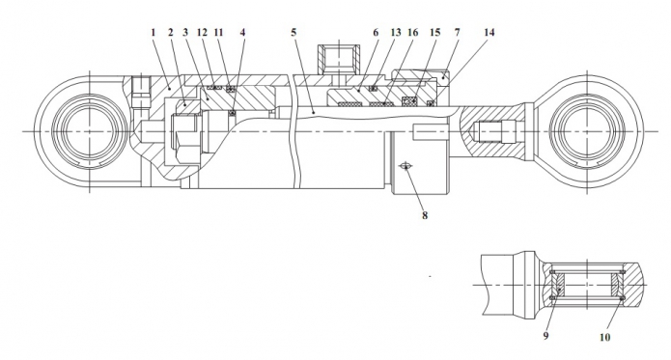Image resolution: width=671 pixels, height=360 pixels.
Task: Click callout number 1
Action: pyautogui.click(x=154, y=33)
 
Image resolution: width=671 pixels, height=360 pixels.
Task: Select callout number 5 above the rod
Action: pyautogui.click(x=294, y=33)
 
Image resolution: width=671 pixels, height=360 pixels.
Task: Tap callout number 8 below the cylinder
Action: pyautogui.click(x=425, y=215)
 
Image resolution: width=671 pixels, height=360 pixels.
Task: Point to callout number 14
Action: pyautogui.click(x=489, y=33)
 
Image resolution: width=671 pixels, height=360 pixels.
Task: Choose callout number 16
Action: pyautogui.click(x=412, y=33)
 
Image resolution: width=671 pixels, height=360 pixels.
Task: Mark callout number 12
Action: pyautogui.click(x=202, y=33)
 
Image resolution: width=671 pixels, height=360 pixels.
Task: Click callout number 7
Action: pyautogui.click(x=458, y=33)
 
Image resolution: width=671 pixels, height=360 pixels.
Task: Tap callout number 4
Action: pyautogui.click(x=242, y=33)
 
